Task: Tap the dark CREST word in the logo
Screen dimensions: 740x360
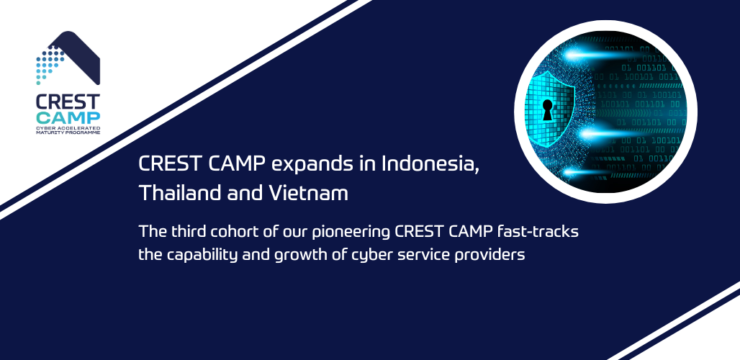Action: [68, 102]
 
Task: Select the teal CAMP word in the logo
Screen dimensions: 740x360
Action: [68, 118]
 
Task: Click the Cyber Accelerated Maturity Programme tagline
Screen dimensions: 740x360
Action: [68, 130]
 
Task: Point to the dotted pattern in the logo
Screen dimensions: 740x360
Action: [49, 63]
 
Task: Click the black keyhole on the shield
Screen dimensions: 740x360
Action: [548, 109]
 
